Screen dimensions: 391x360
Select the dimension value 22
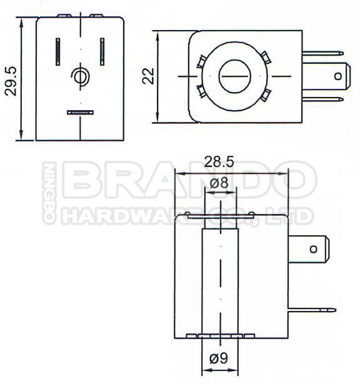click(148, 76)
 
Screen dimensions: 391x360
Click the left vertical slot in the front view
click(58, 51)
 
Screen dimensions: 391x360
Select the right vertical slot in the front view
click(102, 51)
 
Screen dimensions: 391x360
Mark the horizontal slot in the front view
click(80, 113)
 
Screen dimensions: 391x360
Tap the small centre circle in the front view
click(80, 76)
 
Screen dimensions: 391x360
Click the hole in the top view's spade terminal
click(338, 76)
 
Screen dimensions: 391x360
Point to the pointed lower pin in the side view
click(312, 310)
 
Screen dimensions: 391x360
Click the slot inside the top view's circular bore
click(234, 76)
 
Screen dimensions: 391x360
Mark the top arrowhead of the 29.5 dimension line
click(22, 21)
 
